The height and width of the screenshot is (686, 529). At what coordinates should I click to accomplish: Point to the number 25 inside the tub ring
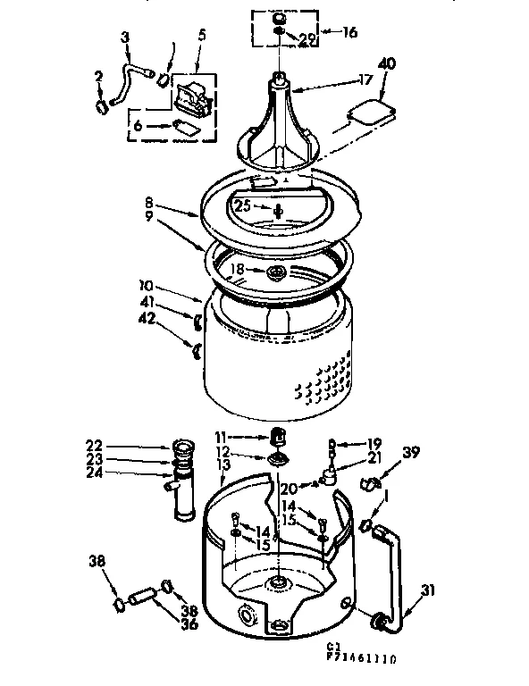coord(242,205)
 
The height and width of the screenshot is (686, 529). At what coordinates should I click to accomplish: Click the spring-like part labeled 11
coord(277,436)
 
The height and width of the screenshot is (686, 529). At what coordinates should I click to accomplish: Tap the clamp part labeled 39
coord(366,485)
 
